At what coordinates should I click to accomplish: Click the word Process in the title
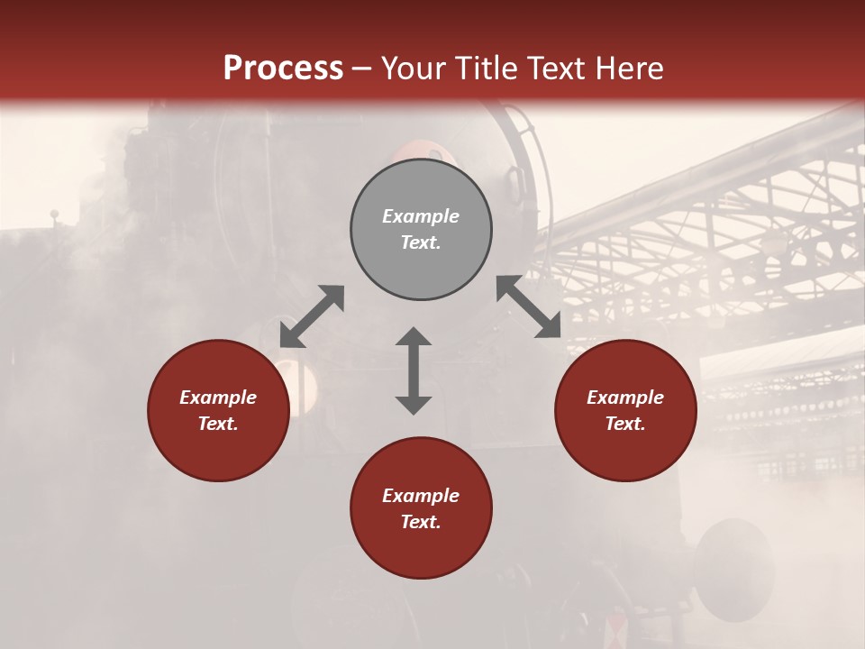click(283, 69)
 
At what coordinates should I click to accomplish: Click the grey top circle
click(421, 230)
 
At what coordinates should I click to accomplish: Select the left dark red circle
click(218, 410)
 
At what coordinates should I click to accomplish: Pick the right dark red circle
click(625, 410)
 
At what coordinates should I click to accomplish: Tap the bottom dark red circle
click(421, 508)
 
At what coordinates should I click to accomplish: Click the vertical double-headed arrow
click(414, 370)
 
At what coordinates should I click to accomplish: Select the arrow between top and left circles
click(312, 316)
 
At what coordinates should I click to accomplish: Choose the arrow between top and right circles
click(529, 307)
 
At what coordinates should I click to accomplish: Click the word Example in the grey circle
click(421, 216)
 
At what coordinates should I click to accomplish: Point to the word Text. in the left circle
click(218, 424)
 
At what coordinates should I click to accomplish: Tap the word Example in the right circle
click(625, 398)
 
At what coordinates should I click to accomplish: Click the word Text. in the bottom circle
click(421, 522)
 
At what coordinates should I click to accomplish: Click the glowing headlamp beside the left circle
click(301, 383)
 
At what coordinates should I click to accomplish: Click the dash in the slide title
click(362, 69)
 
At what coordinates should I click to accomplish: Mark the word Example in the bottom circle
click(421, 496)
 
